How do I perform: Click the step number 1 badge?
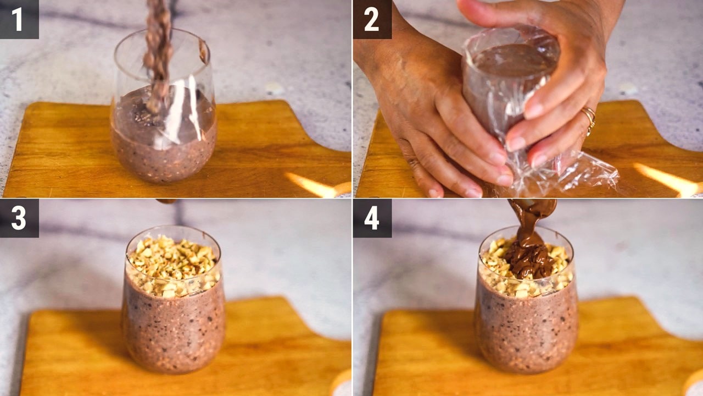(19, 19)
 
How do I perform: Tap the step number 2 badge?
(372, 19)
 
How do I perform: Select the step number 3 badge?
(19, 218)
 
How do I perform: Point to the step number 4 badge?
(372, 218)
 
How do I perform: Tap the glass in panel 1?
(164, 107)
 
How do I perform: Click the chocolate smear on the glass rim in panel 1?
(204, 51)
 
